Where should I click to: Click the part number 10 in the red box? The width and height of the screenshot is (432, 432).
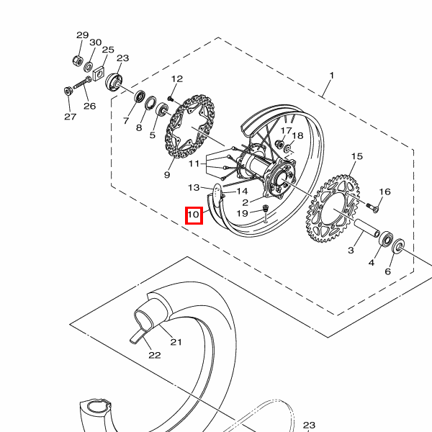click(x=194, y=215)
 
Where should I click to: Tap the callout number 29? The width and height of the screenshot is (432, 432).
click(x=82, y=35)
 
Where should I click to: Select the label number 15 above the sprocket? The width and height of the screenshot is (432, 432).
click(x=357, y=156)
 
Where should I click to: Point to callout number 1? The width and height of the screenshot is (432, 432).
click(x=332, y=75)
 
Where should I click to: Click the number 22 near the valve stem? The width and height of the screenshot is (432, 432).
click(x=155, y=355)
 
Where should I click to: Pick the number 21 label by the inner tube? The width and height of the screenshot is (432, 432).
click(x=176, y=342)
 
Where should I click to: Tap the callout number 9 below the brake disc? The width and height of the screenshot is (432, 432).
click(x=167, y=175)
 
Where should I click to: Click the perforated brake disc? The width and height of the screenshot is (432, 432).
click(x=190, y=127)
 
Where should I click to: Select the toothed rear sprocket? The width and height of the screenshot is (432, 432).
click(x=333, y=209)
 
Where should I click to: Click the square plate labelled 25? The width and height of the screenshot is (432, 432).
click(x=99, y=73)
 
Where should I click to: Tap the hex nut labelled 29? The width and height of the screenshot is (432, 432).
click(x=78, y=60)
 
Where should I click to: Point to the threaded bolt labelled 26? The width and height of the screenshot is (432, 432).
click(x=82, y=83)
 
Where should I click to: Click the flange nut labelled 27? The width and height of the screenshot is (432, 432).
click(x=68, y=91)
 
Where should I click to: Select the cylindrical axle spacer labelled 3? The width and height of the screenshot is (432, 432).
click(x=366, y=228)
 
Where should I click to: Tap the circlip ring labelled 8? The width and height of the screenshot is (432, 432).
click(x=150, y=103)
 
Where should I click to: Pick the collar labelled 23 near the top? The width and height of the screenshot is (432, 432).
click(x=114, y=82)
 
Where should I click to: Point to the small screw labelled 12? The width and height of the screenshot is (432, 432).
click(x=170, y=98)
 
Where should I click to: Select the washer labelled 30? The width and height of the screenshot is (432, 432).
click(x=89, y=66)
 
